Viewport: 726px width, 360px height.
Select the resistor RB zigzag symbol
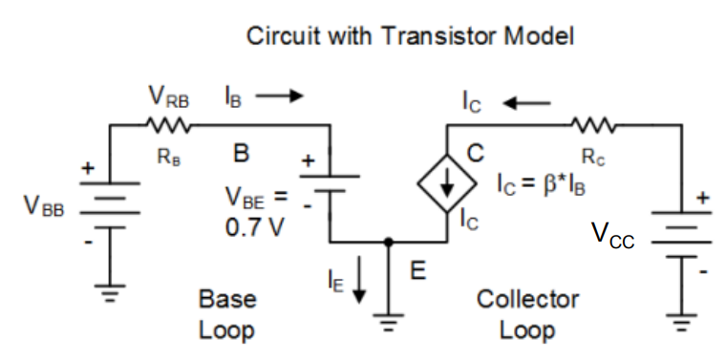(171, 124)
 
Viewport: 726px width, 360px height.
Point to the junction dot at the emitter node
(387, 243)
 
